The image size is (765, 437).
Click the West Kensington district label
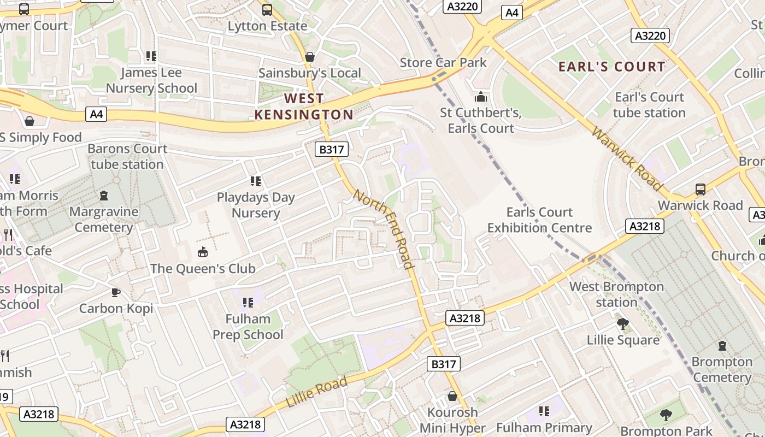[x=304, y=107]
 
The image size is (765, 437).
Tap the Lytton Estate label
[x=267, y=26]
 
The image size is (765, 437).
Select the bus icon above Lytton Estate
[x=267, y=9]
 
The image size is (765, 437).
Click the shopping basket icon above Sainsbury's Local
[x=310, y=57]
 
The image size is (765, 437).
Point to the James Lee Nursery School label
[x=151, y=80]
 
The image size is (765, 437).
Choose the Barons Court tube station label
[x=127, y=156]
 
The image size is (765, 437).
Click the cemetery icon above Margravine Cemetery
[x=104, y=195]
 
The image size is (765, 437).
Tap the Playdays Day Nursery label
[x=256, y=205]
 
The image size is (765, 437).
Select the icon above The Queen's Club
[x=203, y=252]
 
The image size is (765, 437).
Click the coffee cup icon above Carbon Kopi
[x=116, y=292]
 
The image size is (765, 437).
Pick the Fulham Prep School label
[x=248, y=327]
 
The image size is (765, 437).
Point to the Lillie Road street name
[x=317, y=392]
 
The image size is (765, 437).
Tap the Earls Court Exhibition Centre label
[x=539, y=220]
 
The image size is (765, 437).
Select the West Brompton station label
[x=616, y=294]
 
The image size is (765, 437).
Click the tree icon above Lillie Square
[x=622, y=323]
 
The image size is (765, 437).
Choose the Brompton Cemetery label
[x=722, y=369]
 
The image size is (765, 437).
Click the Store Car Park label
[x=443, y=62]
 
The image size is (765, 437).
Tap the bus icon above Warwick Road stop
[x=701, y=190]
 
